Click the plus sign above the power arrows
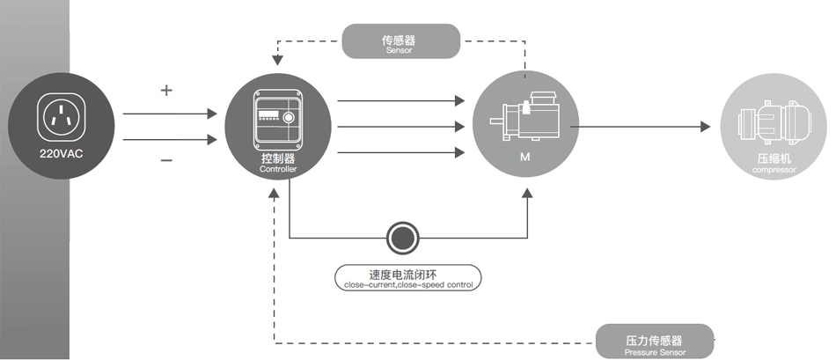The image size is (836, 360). point(167,91)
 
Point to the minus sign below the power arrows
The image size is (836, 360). point(167,160)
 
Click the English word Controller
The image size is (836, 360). point(278,168)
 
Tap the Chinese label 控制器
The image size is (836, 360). point(278,158)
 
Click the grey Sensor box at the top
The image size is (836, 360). point(400,41)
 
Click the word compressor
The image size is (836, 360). point(774,170)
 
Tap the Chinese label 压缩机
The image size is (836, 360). point(774,159)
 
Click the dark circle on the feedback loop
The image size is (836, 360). point(403,238)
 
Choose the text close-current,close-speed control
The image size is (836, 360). point(407,284)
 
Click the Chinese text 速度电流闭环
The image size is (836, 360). point(407,273)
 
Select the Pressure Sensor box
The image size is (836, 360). point(655,342)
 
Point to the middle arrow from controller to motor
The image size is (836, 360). point(401,128)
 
